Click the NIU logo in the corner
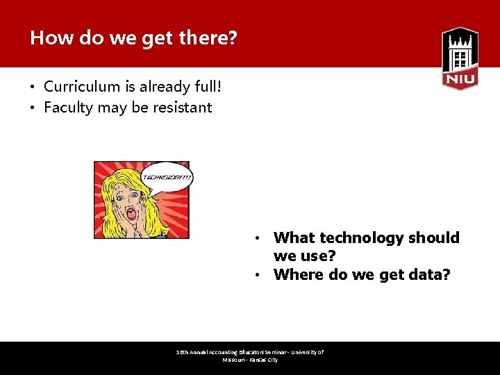(x=460, y=58)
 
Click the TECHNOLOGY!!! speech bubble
(x=167, y=177)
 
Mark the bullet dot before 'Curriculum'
(x=33, y=87)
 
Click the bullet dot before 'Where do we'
(x=257, y=275)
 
